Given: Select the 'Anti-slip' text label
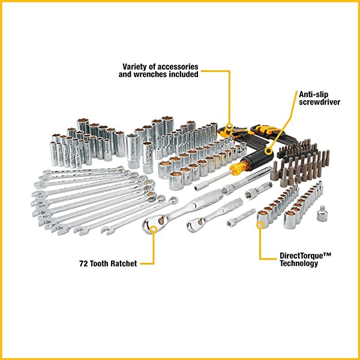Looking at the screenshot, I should pos(313,94).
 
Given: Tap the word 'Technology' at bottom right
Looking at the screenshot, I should pos(299,263).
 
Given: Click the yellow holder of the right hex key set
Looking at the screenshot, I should pos(264,128).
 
